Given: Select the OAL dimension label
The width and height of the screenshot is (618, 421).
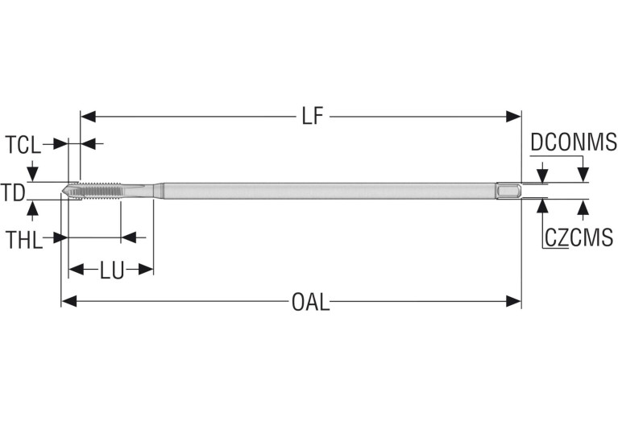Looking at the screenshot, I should click(x=310, y=302).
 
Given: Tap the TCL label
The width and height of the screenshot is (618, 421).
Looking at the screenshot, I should click(x=23, y=145).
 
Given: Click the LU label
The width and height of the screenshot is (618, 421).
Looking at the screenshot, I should click(x=111, y=270).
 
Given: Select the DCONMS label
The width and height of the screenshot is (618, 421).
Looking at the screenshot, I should click(x=573, y=143).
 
